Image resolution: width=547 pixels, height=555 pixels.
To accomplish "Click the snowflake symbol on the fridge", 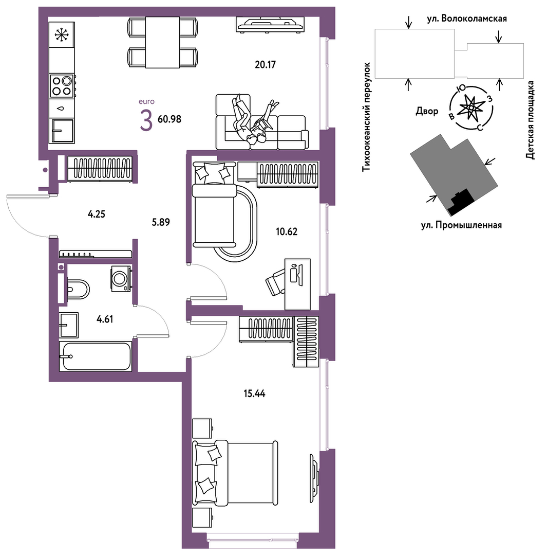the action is click(x=62, y=34).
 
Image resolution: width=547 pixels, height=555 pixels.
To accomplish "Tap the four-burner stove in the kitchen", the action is click(x=62, y=86).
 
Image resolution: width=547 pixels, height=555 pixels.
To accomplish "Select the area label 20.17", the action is click(x=265, y=65).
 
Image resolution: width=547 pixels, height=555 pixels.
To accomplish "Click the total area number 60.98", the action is click(x=169, y=119).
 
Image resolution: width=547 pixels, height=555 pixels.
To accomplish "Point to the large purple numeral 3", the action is click(x=146, y=120).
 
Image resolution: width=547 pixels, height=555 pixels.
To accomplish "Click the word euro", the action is click(x=146, y=101).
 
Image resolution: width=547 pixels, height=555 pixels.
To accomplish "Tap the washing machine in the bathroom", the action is click(x=121, y=279).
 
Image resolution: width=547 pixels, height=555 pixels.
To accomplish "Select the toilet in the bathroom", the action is click(x=78, y=289).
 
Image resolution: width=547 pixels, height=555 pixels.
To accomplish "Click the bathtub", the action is click(x=96, y=356).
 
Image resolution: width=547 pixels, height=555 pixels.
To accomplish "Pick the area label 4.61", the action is click(x=105, y=319).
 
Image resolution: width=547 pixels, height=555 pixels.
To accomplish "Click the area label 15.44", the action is click(x=254, y=393).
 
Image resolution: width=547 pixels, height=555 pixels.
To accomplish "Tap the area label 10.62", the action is click(x=287, y=232).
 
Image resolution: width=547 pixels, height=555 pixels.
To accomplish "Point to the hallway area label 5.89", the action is click(x=161, y=222).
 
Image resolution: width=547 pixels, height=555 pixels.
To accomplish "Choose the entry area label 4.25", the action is click(x=97, y=214).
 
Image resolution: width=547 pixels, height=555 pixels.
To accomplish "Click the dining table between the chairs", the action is click(x=162, y=43).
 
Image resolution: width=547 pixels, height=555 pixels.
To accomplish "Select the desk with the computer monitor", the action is click(x=297, y=284).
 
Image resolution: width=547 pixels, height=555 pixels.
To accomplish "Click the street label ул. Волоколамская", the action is click(x=467, y=19).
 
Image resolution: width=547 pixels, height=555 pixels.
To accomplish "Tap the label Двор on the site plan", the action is click(x=427, y=112).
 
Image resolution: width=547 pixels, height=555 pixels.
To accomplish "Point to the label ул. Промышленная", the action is click(x=461, y=225).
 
